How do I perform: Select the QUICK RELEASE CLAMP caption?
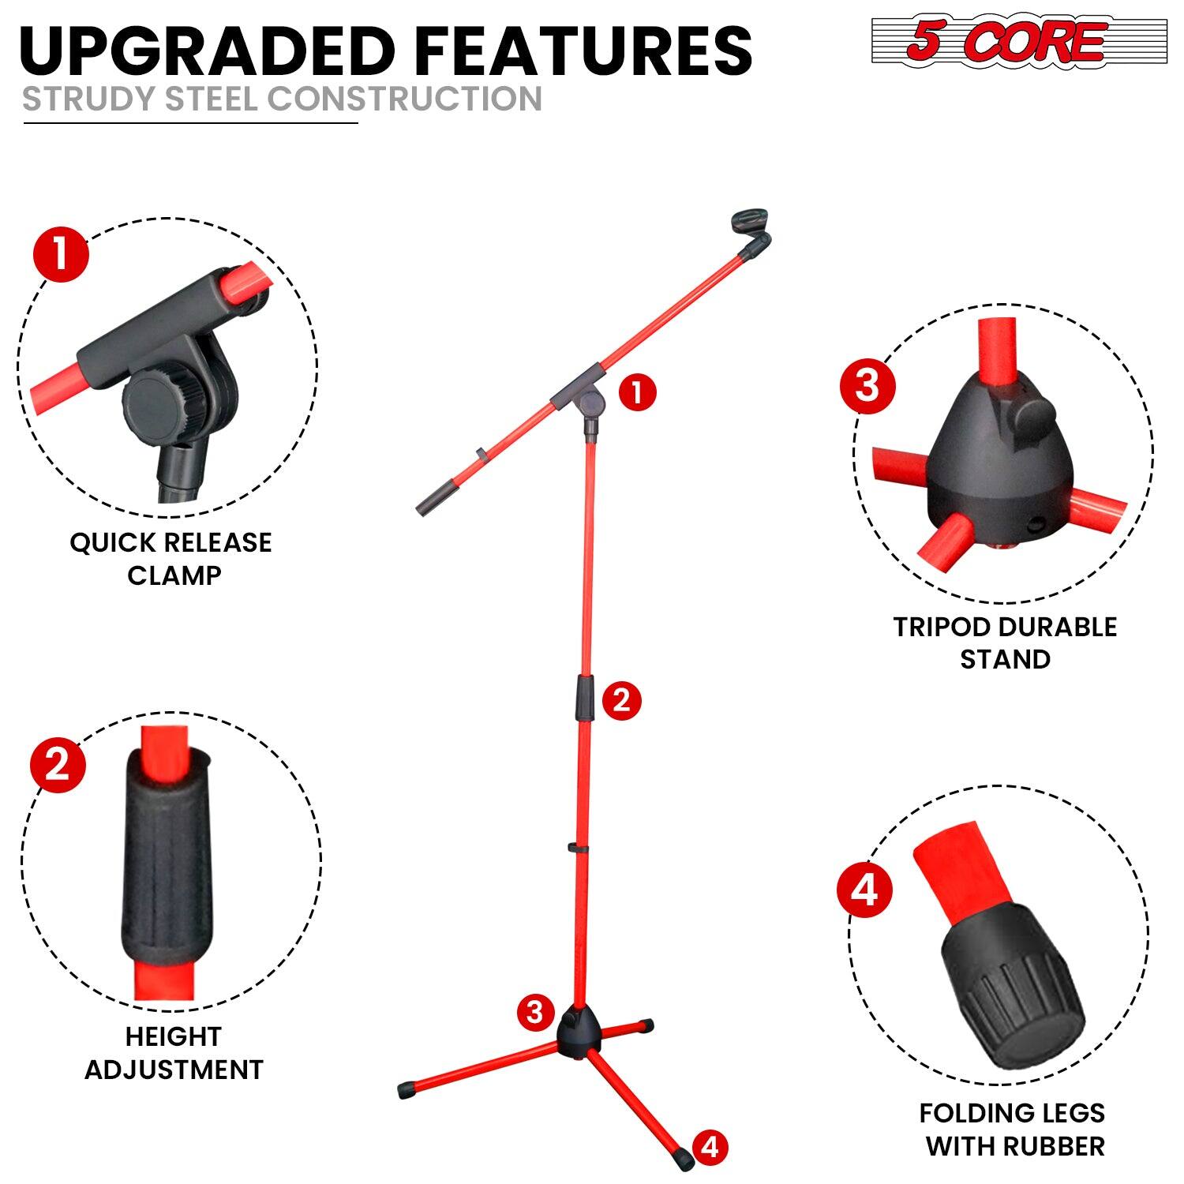[x=171, y=559]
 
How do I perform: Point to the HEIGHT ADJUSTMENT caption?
[x=174, y=1053]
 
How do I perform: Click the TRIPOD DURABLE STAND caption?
[x=1005, y=643]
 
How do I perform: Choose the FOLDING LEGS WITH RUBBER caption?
[x=1013, y=1129]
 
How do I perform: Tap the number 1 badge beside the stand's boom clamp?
[x=637, y=392]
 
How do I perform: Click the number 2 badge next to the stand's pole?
[x=621, y=700]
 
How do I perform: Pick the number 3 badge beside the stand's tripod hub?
[x=535, y=1011]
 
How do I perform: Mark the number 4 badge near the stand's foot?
[x=710, y=1146]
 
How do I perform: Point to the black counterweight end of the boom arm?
[x=433, y=504]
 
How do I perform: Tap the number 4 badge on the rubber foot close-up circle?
[x=864, y=890]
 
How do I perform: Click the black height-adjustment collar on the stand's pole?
[x=585, y=697]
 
